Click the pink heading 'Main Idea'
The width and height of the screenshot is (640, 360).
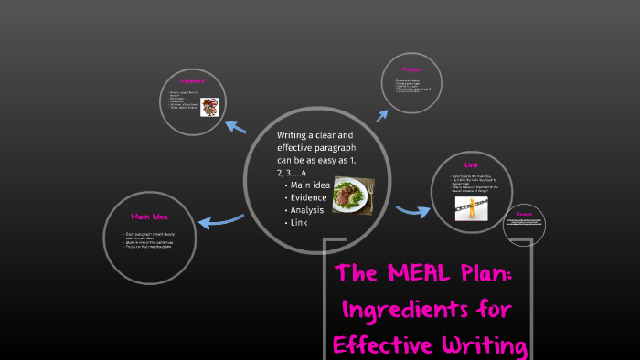(x=148, y=217)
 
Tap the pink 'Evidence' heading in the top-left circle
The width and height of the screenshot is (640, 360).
(x=192, y=81)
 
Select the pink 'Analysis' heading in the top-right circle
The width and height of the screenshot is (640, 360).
(x=411, y=69)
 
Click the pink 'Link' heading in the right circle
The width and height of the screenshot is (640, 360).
(x=472, y=164)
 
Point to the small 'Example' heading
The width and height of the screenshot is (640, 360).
(x=524, y=214)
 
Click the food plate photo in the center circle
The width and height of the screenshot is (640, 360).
(x=352, y=196)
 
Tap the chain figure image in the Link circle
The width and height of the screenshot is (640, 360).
(x=476, y=208)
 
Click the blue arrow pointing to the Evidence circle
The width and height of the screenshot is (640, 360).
(x=236, y=127)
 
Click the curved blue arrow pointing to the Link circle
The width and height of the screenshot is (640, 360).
(x=412, y=211)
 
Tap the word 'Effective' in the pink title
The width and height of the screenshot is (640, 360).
(x=375, y=344)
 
